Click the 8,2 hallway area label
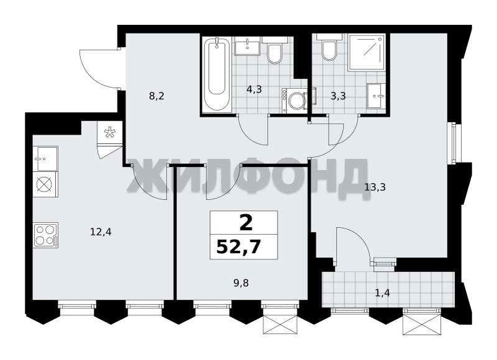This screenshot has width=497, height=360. pyautogui.click(x=157, y=96)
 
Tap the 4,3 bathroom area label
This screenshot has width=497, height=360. pyautogui.click(x=254, y=89)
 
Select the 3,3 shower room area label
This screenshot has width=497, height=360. pyautogui.click(x=338, y=96)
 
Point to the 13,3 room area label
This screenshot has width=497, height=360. pyautogui.click(x=375, y=187)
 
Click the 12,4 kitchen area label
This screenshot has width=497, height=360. pyautogui.click(x=101, y=232)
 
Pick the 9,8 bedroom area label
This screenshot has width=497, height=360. pyautogui.click(x=241, y=283)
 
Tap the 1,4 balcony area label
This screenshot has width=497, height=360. pyautogui.click(x=382, y=293)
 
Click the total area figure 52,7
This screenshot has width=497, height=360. pyautogui.click(x=239, y=247)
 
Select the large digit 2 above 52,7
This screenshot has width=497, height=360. pyautogui.click(x=246, y=223)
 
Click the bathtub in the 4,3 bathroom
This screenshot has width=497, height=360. pyautogui.click(x=217, y=74)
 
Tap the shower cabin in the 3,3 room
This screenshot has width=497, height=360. pyautogui.click(x=367, y=53)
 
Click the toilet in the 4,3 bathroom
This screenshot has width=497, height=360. pyautogui.click(x=275, y=50)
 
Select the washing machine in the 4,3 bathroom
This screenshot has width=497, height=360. pyautogui.click(x=294, y=101)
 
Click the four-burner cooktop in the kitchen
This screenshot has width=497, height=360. pyautogui.click(x=45, y=235)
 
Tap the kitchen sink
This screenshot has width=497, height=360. pyautogui.click(x=45, y=159)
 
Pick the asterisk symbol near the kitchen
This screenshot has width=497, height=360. pyautogui.click(x=110, y=132)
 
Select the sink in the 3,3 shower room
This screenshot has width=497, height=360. pyautogui.click(x=376, y=96)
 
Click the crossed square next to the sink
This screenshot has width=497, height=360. pyautogui.click(x=45, y=184)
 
